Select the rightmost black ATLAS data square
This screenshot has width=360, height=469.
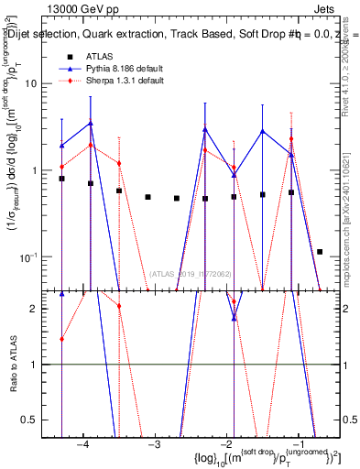(320, 251)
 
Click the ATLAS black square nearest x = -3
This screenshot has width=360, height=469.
(147, 197)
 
